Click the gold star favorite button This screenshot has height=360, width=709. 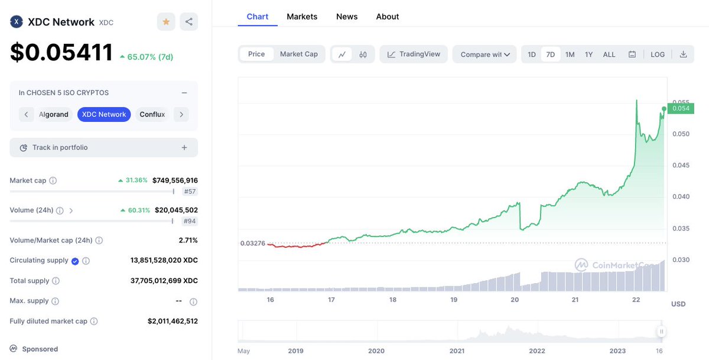pos(166,22)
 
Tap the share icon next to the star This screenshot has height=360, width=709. pos(188,22)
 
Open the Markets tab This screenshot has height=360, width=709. pos(302,17)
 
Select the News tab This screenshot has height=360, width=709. pos(347,17)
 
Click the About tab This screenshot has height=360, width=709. pos(388,17)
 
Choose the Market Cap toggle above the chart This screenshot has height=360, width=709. pos(299,54)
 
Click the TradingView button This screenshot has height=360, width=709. pos(414,54)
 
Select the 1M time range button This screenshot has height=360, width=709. pos(570,54)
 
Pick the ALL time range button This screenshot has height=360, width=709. pos(609,54)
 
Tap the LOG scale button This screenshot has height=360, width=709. pos(658,54)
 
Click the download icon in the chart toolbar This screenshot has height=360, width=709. pos(684,54)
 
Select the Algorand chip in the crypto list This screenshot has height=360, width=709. pos(54,114)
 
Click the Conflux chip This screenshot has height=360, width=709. pos(152,114)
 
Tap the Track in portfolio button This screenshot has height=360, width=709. pos(103,147)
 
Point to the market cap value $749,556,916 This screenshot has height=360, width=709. pos(175,180)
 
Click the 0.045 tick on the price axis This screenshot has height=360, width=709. pos(681,165)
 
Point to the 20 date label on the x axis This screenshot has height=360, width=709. pos(515,300)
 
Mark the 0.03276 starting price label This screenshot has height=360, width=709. pos(253,243)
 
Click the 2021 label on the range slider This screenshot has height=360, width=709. pos(457,351)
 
